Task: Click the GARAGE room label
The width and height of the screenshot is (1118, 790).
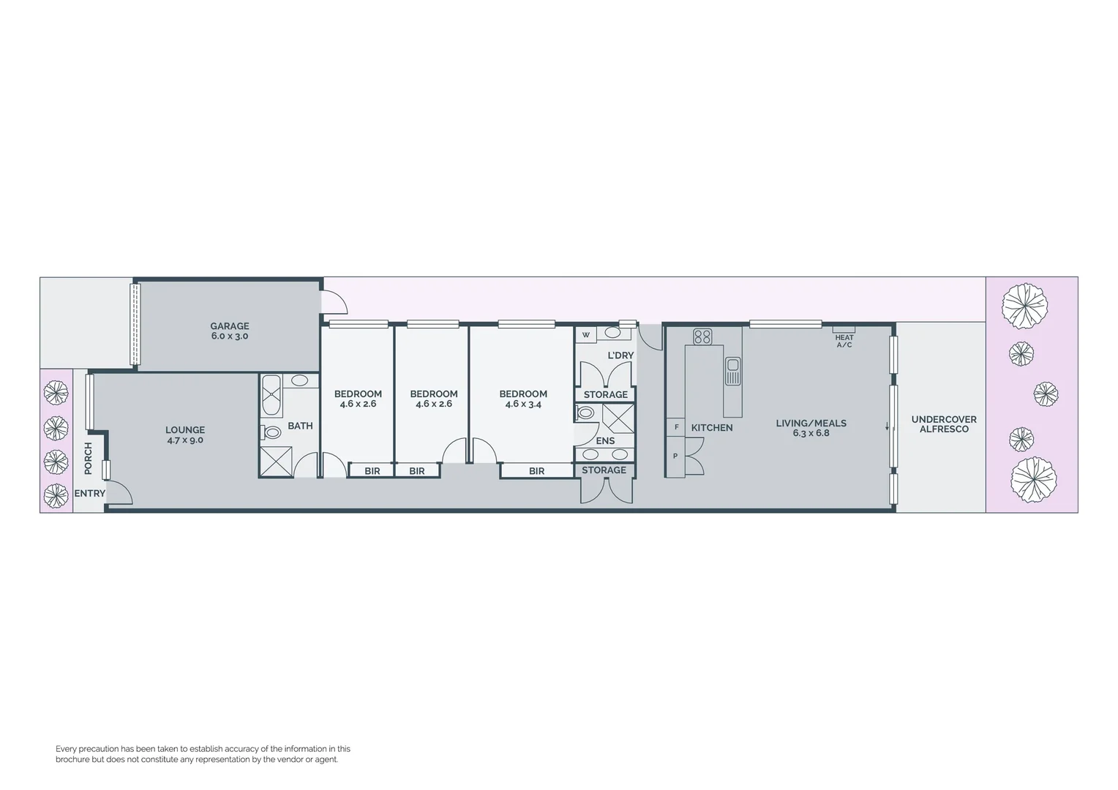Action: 230,326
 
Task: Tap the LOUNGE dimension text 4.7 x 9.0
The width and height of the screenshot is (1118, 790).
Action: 185,440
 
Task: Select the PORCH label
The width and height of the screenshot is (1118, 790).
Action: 89,458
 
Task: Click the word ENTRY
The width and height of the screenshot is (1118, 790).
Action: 90,494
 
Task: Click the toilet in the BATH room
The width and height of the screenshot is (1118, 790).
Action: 271,432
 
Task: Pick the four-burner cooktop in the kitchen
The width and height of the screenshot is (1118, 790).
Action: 702,336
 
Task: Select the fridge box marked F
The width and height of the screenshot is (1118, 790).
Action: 676,426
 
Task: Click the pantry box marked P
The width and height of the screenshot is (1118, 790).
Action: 675,456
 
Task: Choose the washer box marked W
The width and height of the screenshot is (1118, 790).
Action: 585,335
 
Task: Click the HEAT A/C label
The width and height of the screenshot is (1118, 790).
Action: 844,341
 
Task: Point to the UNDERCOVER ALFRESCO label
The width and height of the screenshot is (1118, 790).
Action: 944,424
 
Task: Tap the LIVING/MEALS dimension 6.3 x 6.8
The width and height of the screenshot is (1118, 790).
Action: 811,433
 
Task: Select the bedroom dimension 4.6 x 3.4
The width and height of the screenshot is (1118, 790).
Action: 523,404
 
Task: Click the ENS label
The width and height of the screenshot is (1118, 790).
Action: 605,441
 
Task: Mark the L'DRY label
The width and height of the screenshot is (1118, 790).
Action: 620,355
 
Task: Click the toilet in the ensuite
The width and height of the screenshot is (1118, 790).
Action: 586,413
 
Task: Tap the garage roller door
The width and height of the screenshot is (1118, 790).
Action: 135,324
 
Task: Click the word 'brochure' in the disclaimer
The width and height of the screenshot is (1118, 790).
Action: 74,760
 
